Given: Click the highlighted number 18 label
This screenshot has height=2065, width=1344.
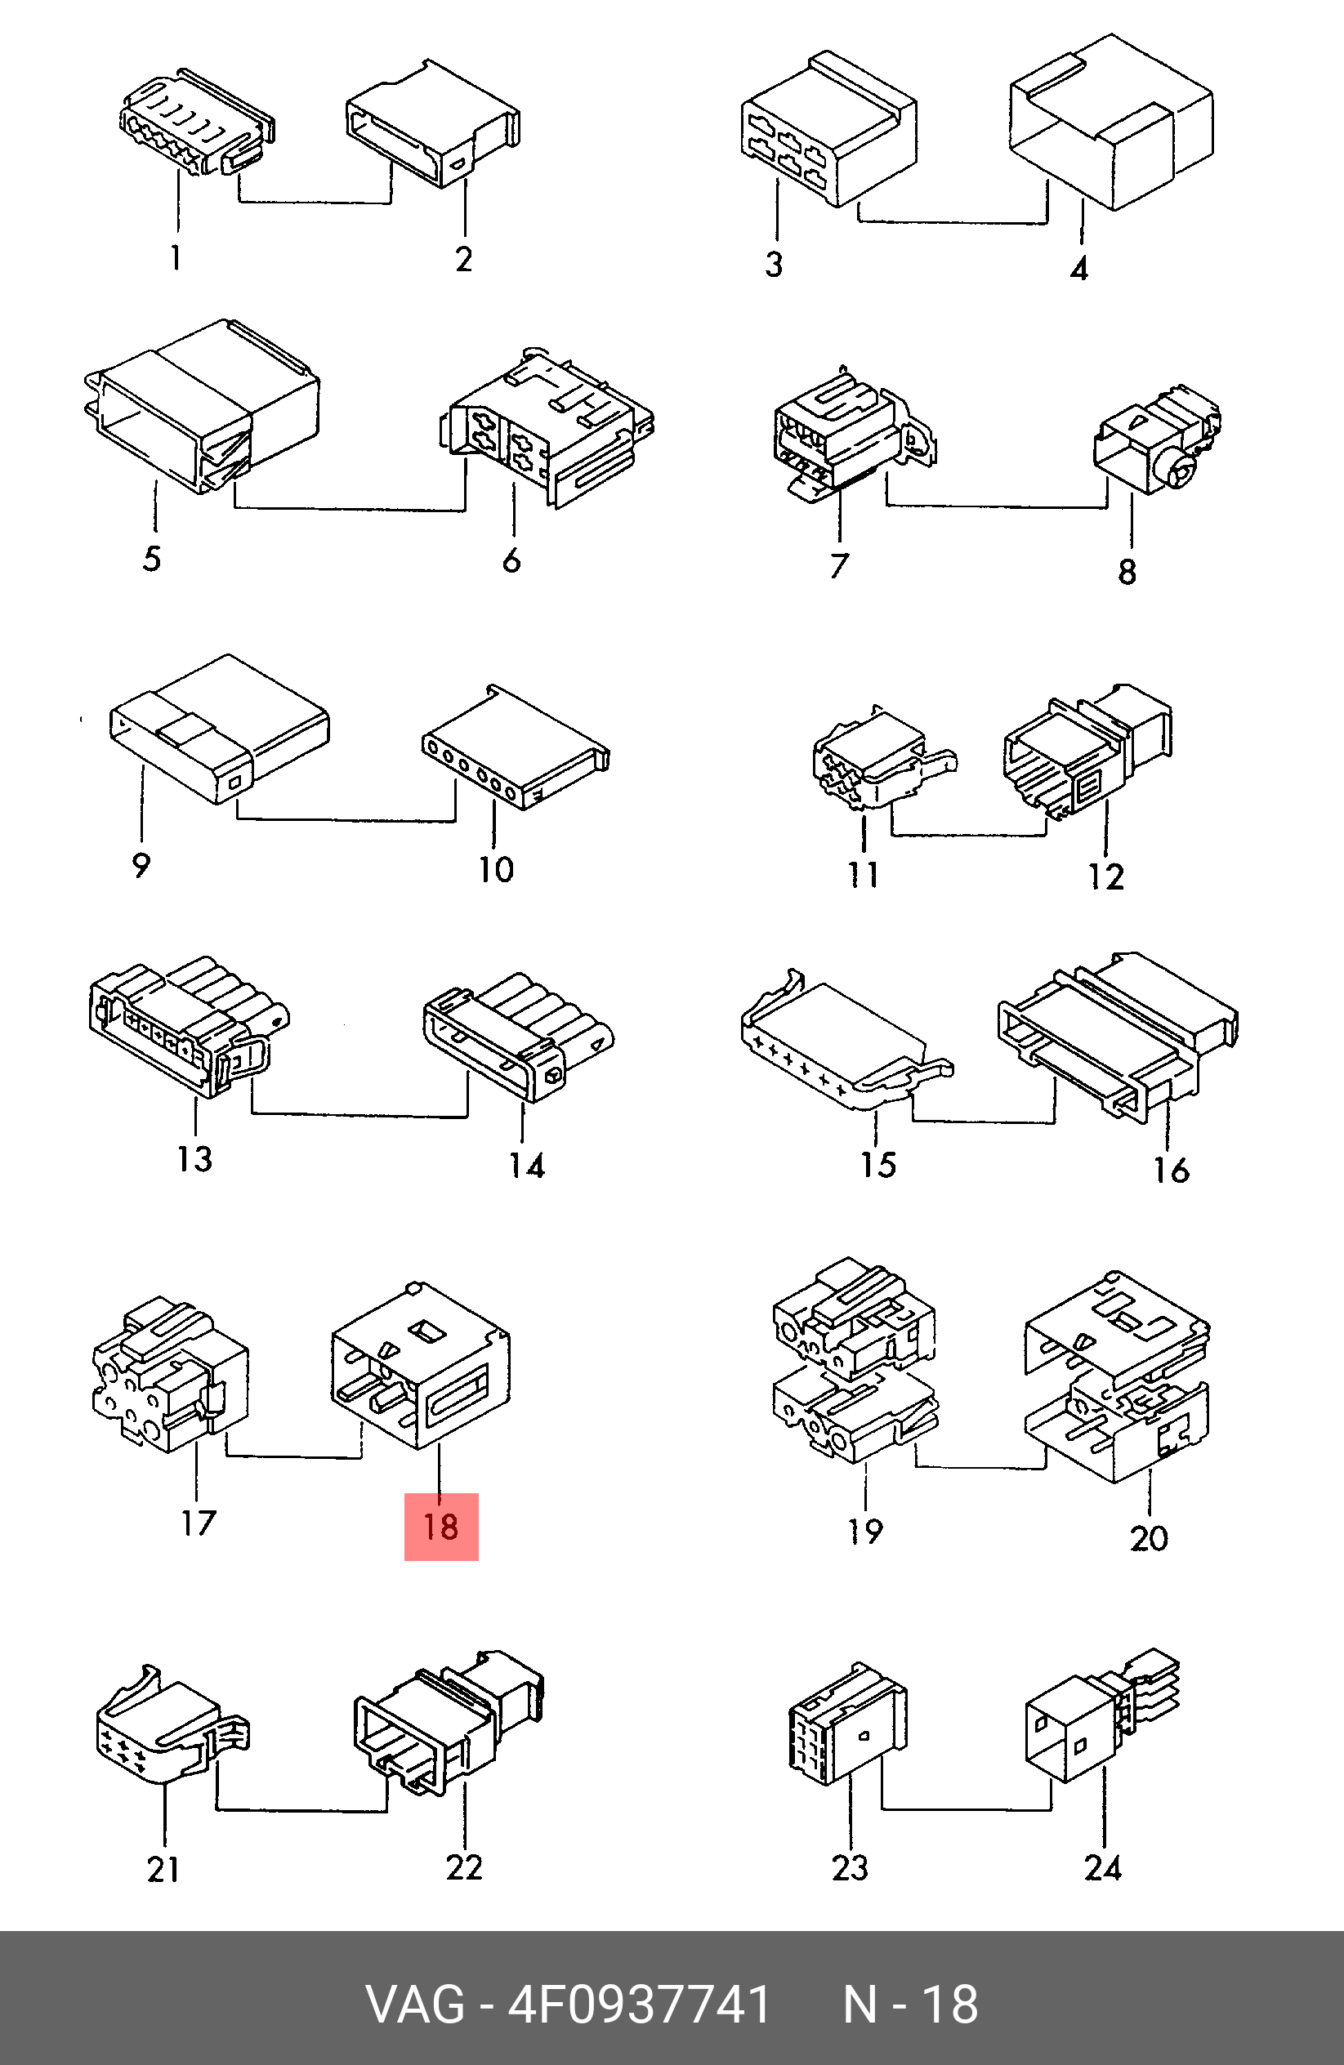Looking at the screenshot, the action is tap(440, 1526).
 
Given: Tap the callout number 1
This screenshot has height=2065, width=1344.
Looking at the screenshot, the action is tap(176, 257).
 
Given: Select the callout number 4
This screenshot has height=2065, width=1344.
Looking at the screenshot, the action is tap(1078, 268).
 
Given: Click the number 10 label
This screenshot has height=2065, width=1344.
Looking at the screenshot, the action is tap(496, 869).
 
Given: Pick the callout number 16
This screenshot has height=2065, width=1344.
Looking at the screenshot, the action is tap(1171, 1171).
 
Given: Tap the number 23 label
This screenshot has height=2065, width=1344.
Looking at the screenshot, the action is tap(850, 1868).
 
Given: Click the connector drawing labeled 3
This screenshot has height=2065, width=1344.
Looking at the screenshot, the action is tap(828, 129).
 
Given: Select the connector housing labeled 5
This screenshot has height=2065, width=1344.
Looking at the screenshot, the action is tap(202, 405).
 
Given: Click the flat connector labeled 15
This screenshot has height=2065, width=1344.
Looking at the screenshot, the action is tap(846, 1041).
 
